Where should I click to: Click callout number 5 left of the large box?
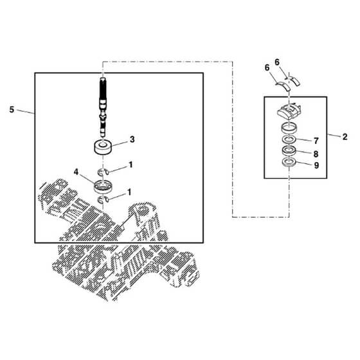(12, 110)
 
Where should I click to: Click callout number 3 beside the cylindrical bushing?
(132, 139)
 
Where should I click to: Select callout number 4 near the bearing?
(76, 172)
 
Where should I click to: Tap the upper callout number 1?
(130, 165)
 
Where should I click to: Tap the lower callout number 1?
(129, 192)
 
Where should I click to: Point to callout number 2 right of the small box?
(345, 137)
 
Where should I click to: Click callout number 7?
(316, 141)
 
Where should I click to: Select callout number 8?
(316, 154)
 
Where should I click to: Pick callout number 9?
(316, 165)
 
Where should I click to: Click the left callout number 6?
(267, 68)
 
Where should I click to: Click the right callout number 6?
(277, 62)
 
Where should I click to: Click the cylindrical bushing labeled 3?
(103, 148)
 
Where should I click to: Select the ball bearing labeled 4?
(103, 186)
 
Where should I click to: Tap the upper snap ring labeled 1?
(103, 171)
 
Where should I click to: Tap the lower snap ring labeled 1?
(103, 200)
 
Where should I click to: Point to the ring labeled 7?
(289, 139)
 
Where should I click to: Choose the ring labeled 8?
(289, 150)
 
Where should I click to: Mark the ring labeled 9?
(289, 162)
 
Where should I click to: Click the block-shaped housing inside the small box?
(289, 112)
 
